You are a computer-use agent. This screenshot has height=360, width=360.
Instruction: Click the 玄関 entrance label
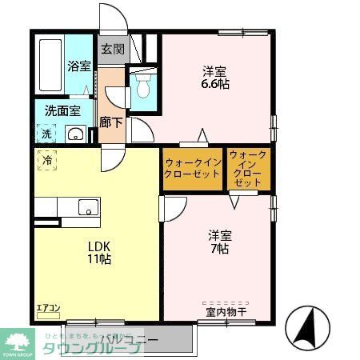point(112,49)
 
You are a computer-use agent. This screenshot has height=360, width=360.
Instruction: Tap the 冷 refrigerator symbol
point(47,161)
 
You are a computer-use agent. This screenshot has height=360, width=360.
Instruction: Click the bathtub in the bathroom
point(50,66)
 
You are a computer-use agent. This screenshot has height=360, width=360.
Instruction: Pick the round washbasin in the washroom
point(77,134)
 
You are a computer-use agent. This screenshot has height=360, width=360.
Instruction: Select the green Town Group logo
point(15,340)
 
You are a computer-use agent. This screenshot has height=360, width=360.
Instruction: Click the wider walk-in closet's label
point(192,168)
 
